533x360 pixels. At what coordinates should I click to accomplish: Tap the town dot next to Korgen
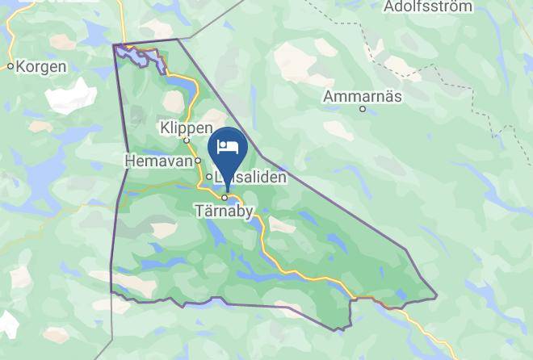[10, 67]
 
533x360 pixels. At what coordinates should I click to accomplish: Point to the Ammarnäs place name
[363, 96]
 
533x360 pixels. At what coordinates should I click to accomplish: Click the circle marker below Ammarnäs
[363, 109]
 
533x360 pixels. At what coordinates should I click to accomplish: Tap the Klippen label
[186, 128]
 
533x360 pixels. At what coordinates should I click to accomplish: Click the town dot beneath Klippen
[186, 140]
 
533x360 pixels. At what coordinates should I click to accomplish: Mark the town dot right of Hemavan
[196, 161]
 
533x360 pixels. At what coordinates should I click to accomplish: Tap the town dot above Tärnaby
[225, 197]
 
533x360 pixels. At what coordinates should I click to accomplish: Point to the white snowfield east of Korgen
[70, 98]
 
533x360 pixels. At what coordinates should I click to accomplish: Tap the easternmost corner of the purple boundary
[436, 296]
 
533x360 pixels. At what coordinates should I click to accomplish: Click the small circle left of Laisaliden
[208, 177]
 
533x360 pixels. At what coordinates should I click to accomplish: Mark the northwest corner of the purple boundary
[114, 44]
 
